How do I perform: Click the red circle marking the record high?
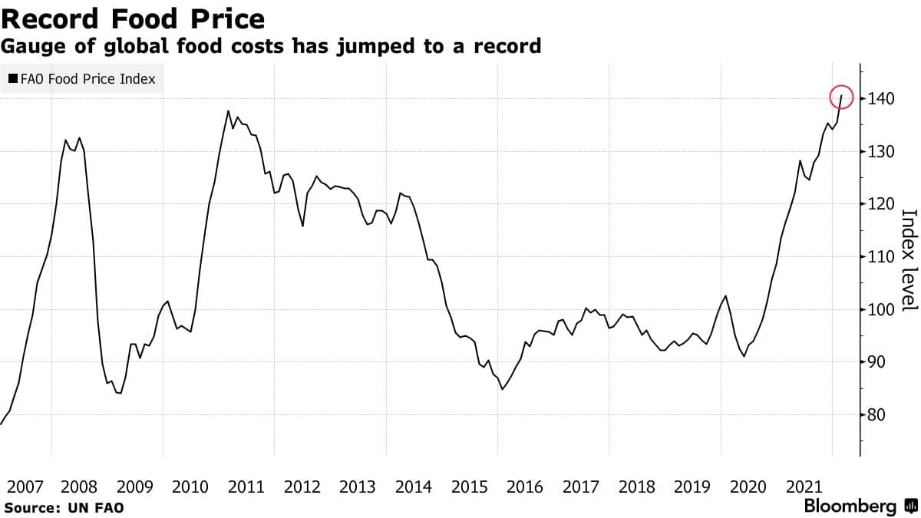point(842,97)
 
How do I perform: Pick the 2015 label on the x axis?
point(469,487)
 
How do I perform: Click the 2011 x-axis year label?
point(246,487)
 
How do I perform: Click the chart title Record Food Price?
point(133,18)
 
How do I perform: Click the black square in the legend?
point(13,78)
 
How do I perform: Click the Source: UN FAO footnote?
point(64,507)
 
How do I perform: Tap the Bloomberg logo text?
point(850,506)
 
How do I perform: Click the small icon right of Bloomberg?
point(911,506)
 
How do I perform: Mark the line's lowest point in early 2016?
point(502,389)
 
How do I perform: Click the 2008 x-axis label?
point(79,487)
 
